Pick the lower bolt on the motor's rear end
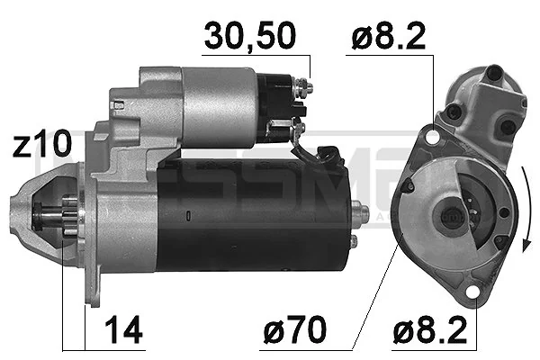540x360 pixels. point(355,241)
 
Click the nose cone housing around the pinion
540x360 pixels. point(45,216)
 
